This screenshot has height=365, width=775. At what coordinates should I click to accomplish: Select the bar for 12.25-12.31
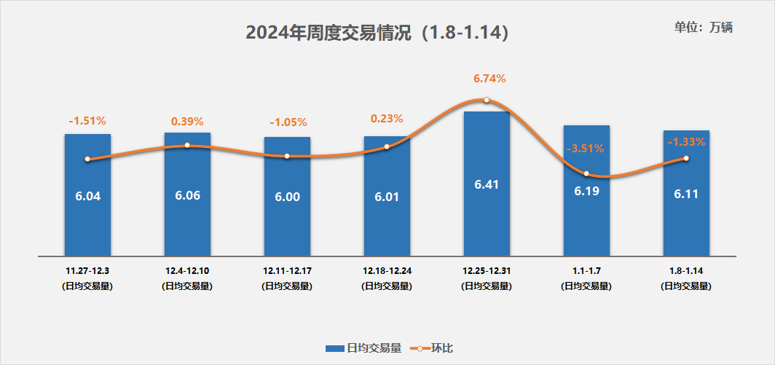[487, 219]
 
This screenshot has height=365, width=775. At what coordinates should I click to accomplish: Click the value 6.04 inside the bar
[87, 196]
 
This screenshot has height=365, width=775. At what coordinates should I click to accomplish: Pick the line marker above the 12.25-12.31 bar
[487, 101]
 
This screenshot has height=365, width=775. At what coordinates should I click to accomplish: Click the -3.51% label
[585, 149]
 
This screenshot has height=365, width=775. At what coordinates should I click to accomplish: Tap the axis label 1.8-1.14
[686, 271]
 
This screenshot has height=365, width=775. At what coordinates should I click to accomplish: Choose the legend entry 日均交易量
[364, 348]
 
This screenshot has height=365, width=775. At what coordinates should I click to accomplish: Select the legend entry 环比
[433, 348]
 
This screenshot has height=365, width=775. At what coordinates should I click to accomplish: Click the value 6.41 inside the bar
[487, 184]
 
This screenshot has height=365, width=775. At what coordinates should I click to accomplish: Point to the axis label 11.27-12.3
[87, 271]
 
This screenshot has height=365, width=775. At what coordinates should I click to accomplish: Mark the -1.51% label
[87, 120]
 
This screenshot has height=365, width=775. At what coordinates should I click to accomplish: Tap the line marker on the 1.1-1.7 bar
[586, 173]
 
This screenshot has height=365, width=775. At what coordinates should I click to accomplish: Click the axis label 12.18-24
[387, 271]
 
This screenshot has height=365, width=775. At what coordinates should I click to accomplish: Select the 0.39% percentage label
[187, 120]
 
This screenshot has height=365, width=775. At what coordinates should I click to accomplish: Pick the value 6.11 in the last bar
[686, 195]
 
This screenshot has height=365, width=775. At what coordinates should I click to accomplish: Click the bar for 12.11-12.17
[287, 219]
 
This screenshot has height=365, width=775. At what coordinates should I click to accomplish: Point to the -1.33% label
[686, 142]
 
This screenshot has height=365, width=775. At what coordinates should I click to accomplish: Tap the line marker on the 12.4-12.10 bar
[187, 145]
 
